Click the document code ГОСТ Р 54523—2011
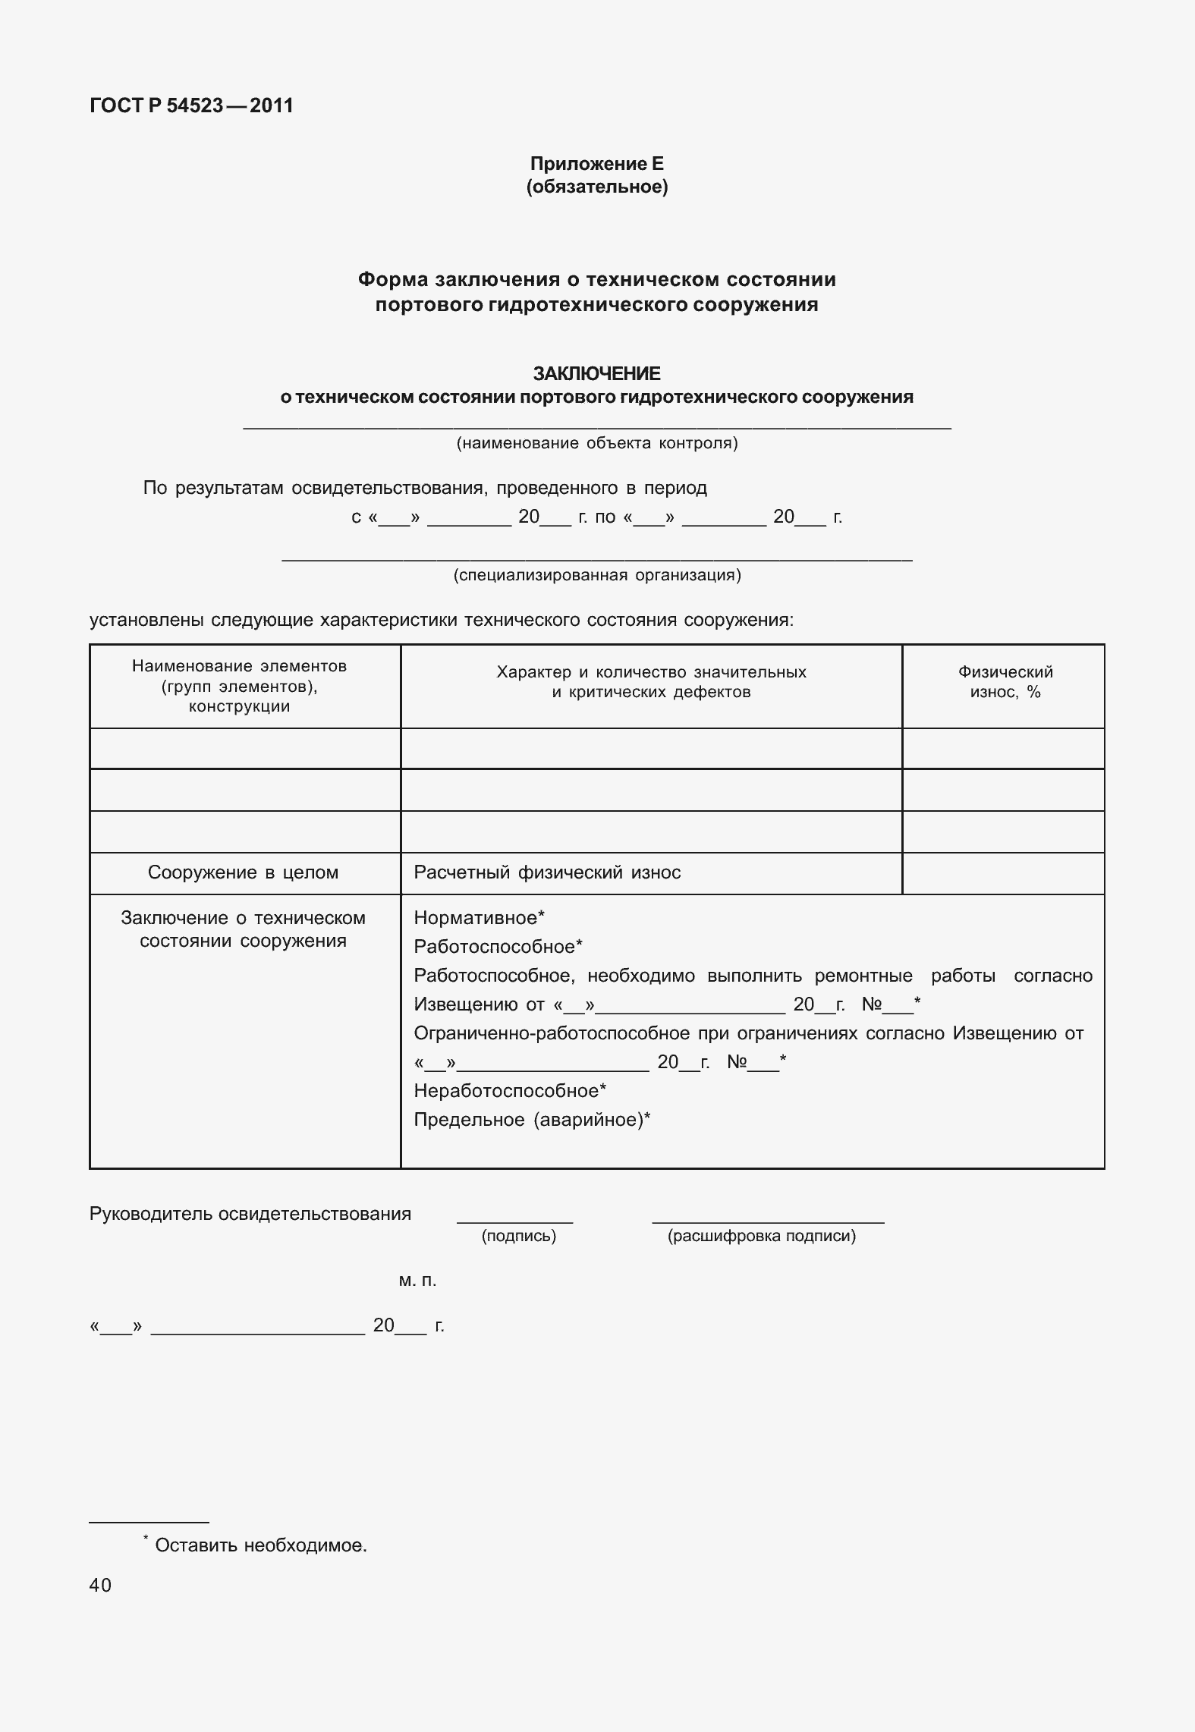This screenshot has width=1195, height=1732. pyautogui.click(x=191, y=105)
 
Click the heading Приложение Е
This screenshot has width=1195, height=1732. pyautogui.click(x=596, y=164)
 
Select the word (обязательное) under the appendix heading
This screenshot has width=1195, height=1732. pyautogui.click(x=596, y=187)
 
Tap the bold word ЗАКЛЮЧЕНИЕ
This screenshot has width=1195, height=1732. pyautogui.click(x=596, y=373)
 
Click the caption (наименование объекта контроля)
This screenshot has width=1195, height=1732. pyautogui.click(x=596, y=443)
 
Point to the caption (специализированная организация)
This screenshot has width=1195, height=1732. pyautogui.click(x=596, y=575)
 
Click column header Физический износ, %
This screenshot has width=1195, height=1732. pyautogui.click(x=1005, y=682)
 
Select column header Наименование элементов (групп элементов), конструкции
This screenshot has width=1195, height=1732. pyautogui.click(x=240, y=686)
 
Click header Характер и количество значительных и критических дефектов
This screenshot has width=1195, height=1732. pyautogui.click(x=651, y=682)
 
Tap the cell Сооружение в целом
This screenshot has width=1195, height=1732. pyautogui.click(x=243, y=872)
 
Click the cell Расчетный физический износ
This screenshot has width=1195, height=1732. pyautogui.click(x=547, y=872)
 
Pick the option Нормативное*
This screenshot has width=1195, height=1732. pyautogui.click(x=479, y=918)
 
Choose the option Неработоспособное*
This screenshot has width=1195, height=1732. pyautogui.click(x=510, y=1091)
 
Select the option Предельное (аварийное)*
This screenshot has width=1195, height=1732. pyautogui.click(x=532, y=1120)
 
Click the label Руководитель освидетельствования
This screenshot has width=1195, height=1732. pyautogui.click(x=250, y=1214)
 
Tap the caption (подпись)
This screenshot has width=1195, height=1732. pyautogui.click(x=519, y=1236)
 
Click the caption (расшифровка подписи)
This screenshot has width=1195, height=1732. pyautogui.click(x=761, y=1236)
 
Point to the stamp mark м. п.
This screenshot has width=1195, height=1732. pyautogui.click(x=417, y=1281)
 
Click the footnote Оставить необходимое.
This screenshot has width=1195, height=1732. pyautogui.click(x=260, y=1545)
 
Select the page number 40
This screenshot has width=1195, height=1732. pyautogui.click(x=100, y=1585)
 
